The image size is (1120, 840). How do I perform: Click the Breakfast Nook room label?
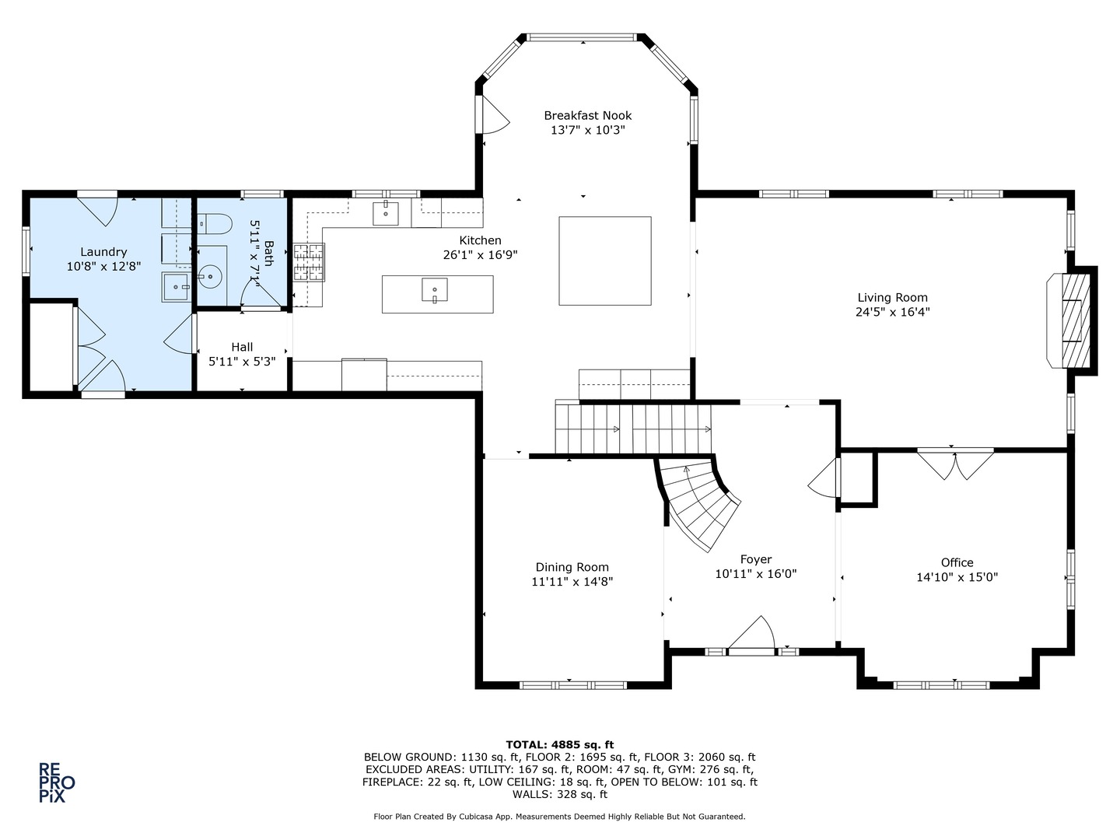click(587, 116)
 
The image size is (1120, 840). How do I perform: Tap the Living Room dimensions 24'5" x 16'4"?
click(892, 312)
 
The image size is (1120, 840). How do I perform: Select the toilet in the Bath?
click(215, 223)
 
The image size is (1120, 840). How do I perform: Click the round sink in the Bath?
click(210, 278)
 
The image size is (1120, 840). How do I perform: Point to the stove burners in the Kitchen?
click(309, 263)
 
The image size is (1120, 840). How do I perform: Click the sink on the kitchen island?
click(435, 290)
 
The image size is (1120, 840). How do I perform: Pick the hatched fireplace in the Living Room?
click(1076, 320)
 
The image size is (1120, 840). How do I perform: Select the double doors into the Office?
click(955, 464)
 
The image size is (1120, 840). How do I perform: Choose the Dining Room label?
click(572, 567)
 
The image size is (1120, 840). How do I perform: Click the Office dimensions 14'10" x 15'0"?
click(957, 577)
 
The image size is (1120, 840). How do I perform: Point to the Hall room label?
click(242, 347)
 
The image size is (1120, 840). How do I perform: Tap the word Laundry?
click(103, 252)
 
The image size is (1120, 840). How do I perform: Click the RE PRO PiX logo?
click(57, 783)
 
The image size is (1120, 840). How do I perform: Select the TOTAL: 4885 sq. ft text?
click(560, 744)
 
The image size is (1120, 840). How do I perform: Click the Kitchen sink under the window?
click(385, 213)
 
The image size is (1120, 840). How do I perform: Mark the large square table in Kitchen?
click(604, 261)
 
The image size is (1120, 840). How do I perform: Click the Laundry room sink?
click(176, 287)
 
